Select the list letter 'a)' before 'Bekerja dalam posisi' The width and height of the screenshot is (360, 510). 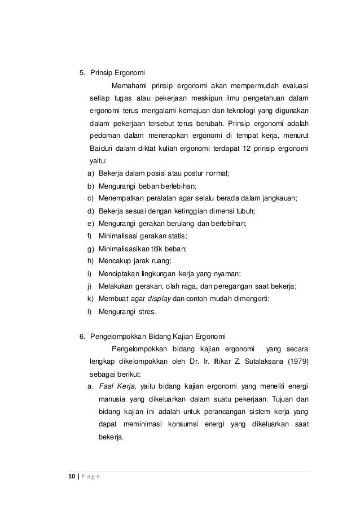(x=91, y=173)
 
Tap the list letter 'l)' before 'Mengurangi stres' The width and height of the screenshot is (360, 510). (x=90, y=311)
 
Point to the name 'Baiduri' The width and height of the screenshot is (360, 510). (x=102, y=149)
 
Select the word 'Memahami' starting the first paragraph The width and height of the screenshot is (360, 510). (x=131, y=86)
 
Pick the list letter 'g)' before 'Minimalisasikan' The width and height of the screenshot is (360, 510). (x=91, y=249)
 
